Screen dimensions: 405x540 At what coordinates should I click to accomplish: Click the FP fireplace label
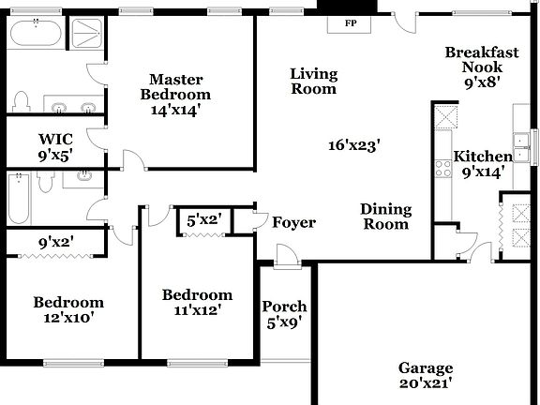click(x=351, y=22)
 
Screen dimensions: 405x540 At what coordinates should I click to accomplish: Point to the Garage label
click(x=425, y=367)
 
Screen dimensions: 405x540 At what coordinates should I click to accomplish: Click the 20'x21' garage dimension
click(x=425, y=382)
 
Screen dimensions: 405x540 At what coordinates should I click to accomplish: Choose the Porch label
click(x=284, y=307)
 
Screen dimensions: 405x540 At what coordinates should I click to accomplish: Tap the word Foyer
click(x=293, y=223)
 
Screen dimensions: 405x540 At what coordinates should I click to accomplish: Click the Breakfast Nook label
click(x=481, y=60)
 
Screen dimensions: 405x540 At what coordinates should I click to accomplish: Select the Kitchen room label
click(x=483, y=157)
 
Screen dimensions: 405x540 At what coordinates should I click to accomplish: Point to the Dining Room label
click(x=385, y=217)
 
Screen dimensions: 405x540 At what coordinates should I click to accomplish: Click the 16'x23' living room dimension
click(x=353, y=145)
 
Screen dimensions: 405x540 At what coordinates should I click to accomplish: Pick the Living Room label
click(x=313, y=82)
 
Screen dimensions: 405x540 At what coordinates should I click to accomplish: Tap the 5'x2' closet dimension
click(x=204, y=221)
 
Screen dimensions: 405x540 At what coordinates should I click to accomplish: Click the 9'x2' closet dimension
click(x=55, y=242)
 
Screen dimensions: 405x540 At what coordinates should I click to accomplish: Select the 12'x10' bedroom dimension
click(x=68, y=317)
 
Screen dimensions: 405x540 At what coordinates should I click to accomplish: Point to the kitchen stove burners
click(x=443, y=170)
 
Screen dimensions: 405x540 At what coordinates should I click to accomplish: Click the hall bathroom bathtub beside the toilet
click(x=19, y=198)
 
